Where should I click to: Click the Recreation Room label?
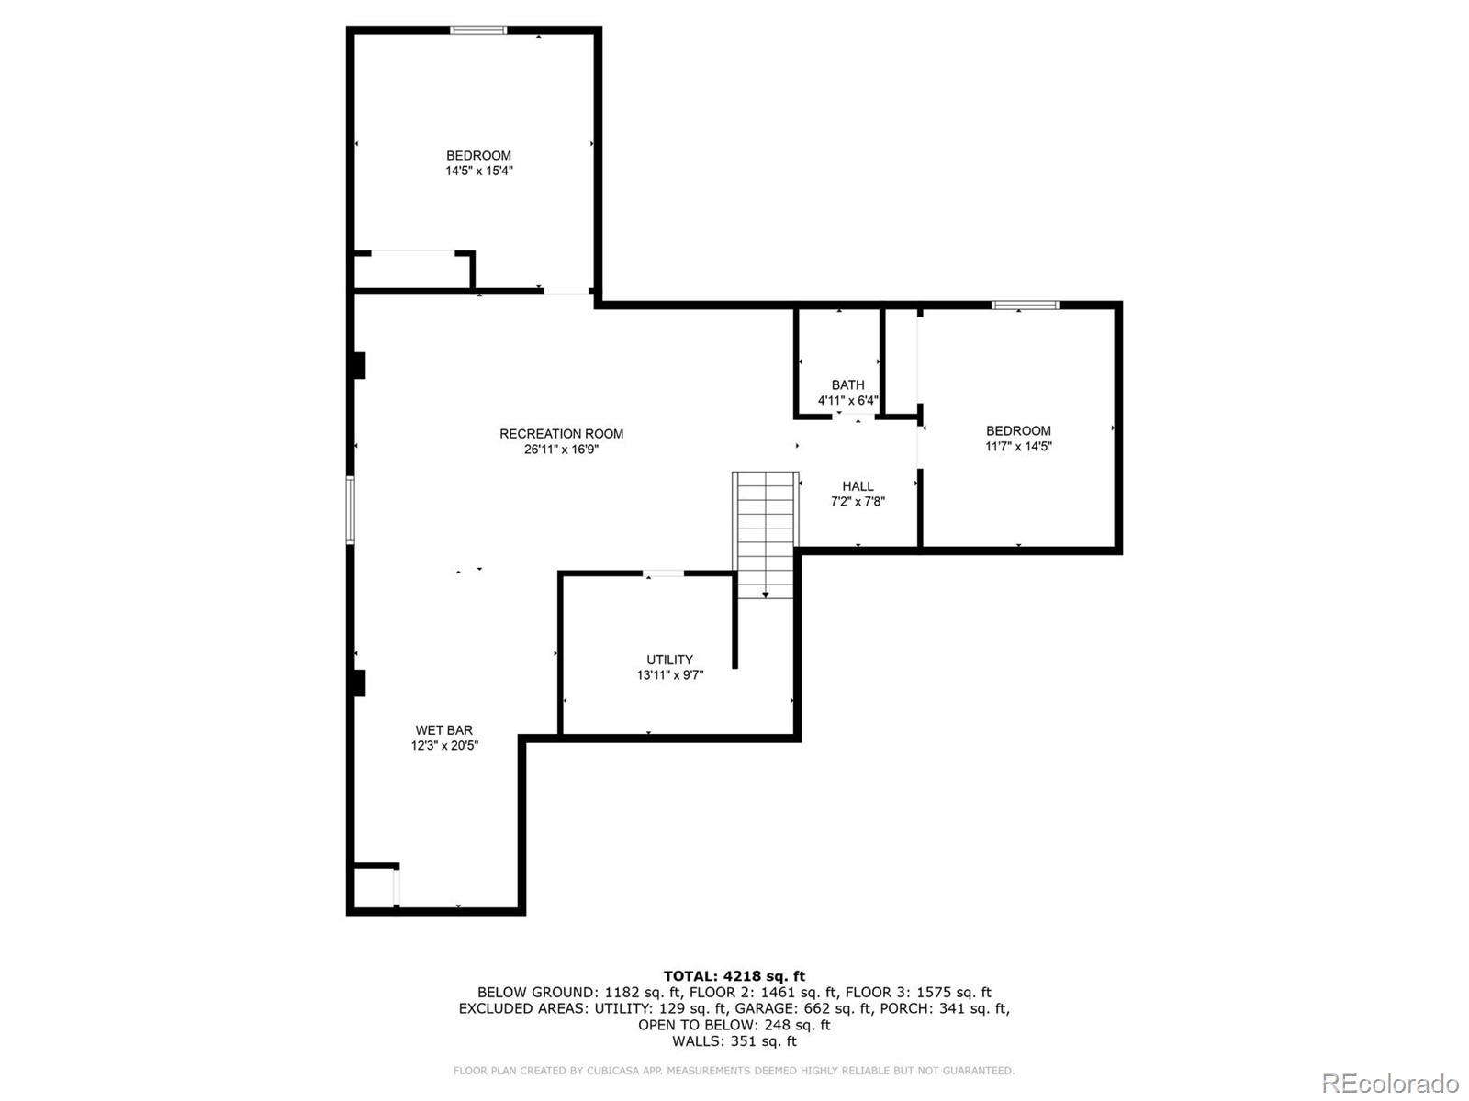(561, 434)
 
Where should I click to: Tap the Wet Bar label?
(443, 730)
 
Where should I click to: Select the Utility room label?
(669, 660)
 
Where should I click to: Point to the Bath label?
(847, 384)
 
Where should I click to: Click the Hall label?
(858, 486)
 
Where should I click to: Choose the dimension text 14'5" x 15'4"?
(478, 171)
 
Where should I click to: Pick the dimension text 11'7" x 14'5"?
(1018, 447)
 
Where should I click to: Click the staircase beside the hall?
(765, 532)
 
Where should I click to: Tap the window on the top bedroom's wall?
(478, 30)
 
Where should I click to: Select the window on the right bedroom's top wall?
(1025, 305)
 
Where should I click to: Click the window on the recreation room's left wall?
(350, 509)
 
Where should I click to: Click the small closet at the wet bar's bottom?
(374, 887)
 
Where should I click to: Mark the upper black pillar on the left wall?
(359, 365)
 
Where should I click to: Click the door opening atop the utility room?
(664, 574)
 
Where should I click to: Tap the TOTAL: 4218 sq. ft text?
(734, 976)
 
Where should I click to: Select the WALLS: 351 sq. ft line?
(734, 1041)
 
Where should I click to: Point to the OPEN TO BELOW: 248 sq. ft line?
(734, 1025)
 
